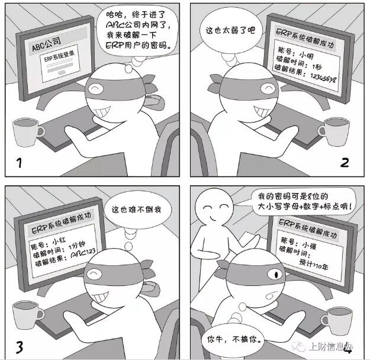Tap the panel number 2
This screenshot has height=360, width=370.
point(345,163)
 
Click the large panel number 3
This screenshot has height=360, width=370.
point(20,347)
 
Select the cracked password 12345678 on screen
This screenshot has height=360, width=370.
point(323,78)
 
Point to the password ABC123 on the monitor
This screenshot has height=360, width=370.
point(83,253)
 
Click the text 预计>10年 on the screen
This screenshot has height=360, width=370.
point(314,265)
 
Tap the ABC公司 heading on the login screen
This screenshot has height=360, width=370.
point(46,44)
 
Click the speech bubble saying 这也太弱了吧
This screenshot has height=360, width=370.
point(230,30)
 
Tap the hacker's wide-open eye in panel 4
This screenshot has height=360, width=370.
point(275,274)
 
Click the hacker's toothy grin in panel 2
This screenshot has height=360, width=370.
point(262,111)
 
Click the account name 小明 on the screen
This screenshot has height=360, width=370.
point(306,55)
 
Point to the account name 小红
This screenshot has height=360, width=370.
point(59,241)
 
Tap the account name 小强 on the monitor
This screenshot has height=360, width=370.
point(309,246)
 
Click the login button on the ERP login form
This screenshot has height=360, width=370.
point(62,72)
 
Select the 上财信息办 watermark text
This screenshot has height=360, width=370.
point(330,347)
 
